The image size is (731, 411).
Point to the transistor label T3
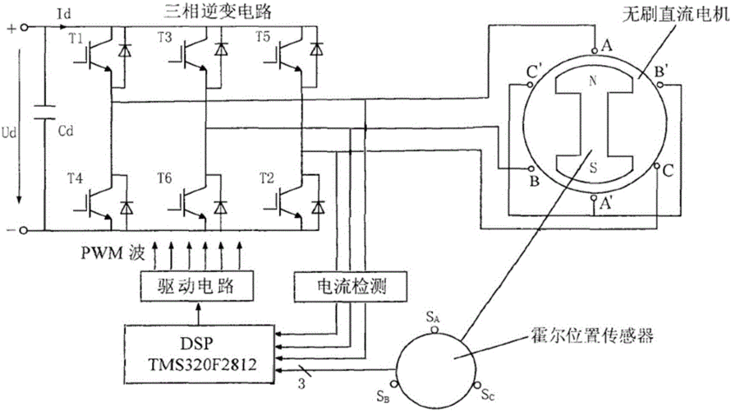coord(164,38)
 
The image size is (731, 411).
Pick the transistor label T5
coord(239,38)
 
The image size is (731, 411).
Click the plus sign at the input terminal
coord(11,27)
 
